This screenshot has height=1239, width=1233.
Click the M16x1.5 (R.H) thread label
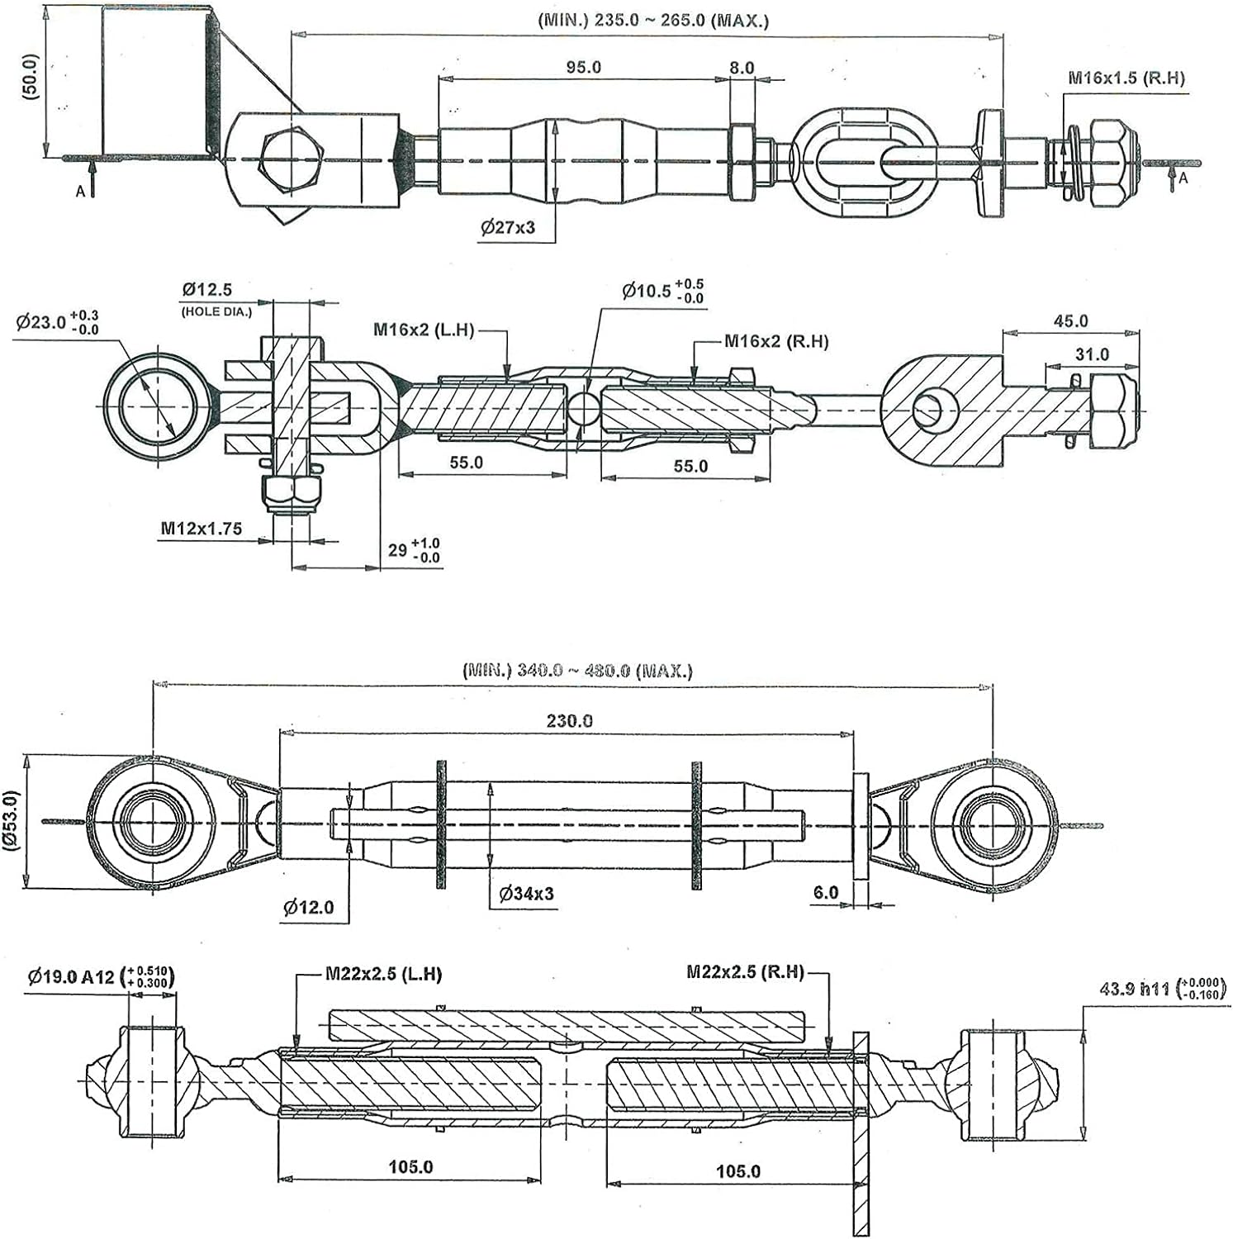pos(1126,78)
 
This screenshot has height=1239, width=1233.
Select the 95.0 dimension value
pos(584,67)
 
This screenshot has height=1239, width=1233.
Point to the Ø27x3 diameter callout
pos(508,227)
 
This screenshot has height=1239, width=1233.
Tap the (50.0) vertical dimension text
pos(31,77)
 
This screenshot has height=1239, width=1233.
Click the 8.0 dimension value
pos(742,68)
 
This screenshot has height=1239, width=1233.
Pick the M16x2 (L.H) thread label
pos(424,330)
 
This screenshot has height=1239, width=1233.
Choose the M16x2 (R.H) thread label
pos(776,341)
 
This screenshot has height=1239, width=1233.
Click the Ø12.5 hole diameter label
pos(207,290)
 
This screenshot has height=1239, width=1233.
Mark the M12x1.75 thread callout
pos(202,528)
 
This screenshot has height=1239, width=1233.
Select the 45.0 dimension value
pos(1071,320)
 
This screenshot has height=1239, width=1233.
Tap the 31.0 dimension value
pos(1092,354)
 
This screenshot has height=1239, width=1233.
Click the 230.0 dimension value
pos(569,721)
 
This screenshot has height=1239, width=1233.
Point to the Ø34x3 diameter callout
pos(527,893)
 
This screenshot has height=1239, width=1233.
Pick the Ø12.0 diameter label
pos(308,907)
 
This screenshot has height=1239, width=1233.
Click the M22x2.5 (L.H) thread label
pos(383,974)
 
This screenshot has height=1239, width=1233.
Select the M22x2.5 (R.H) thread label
pos(745,972)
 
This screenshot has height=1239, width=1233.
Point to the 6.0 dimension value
pos(826,892)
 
